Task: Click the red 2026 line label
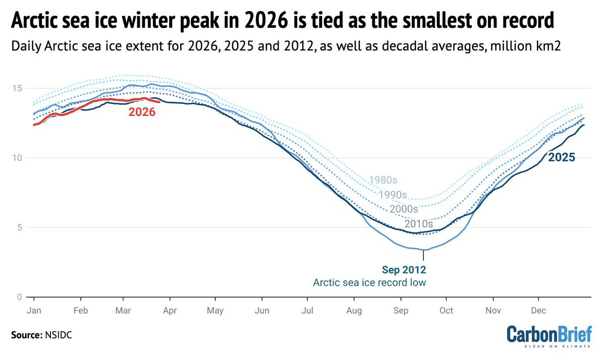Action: (x=141, y=112)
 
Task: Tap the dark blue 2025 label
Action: (x=562, y=157)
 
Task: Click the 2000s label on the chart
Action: (x=404, y=208)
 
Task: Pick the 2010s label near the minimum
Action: (x=419, y=223)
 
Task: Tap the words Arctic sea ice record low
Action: (x=369, y=282)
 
